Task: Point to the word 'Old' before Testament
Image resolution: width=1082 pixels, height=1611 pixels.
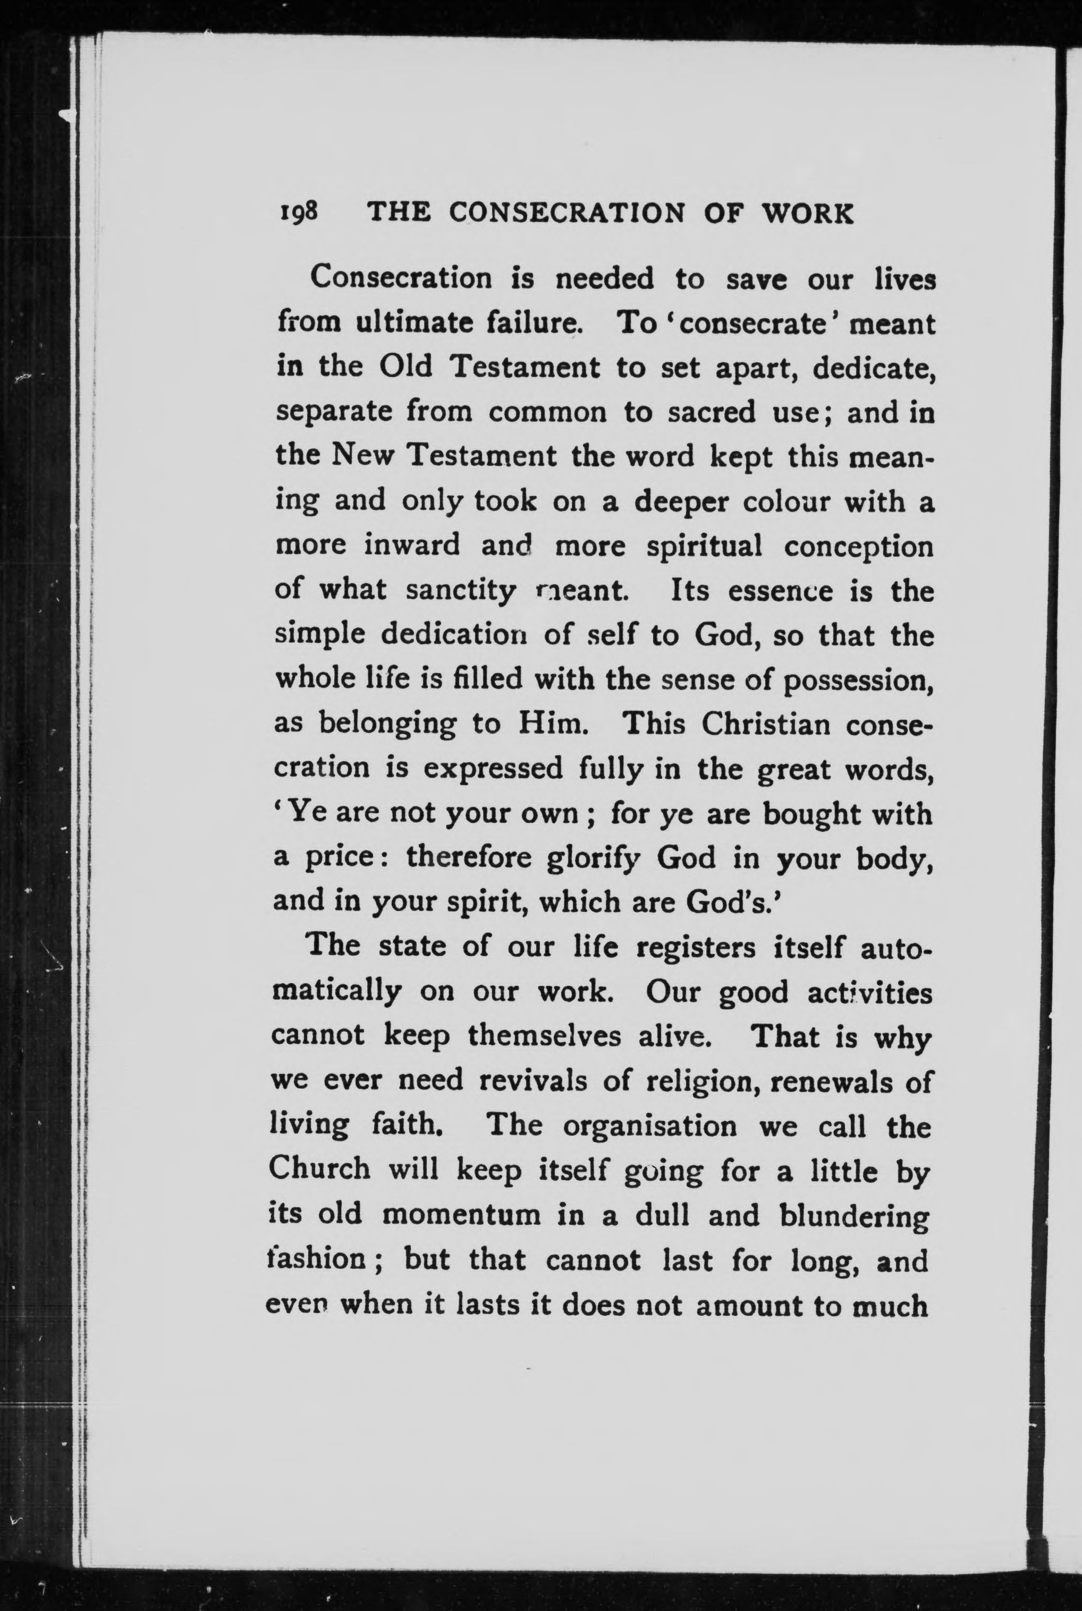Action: coord(406,366)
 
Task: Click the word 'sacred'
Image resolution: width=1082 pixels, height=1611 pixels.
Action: coord(712,412)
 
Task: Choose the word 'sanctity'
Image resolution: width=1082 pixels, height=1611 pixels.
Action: coord(460,592)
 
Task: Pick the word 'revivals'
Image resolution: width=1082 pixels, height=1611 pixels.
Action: coord(532,1080)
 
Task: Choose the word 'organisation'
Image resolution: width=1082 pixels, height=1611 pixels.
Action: coord(650,1126)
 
